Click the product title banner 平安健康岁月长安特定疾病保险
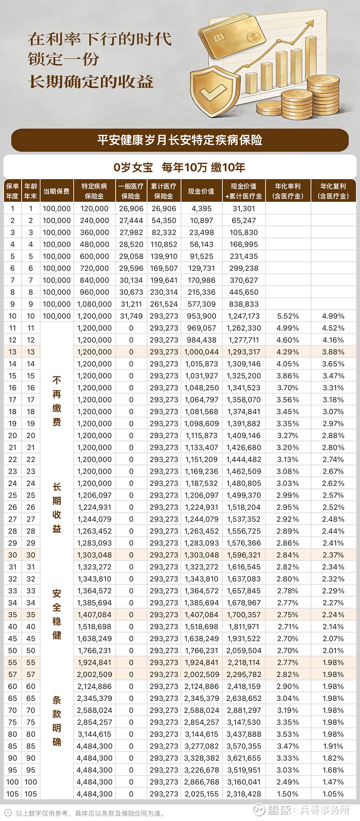pyautogui.click(x=180, y=140)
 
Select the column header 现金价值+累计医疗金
pyautogui.click(x=243, y=191)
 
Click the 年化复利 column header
pyautogui.click(x=333, y=191)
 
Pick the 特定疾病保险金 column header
pyautogui.click(x=94, y=191)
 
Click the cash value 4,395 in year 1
pyautogui.click(x=201, y=209)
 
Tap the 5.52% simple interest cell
pyautogui.click(x=288, y=316)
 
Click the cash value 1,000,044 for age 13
pyautogui.click(x=201, y=352)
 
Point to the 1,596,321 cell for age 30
pyautogui.click(x=243, y=555)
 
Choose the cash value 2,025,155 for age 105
pyautogui.click(x=201, y=794)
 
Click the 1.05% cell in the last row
pyautogui.click(x=333, y=794)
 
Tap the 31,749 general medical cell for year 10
pyautogui.click(x=131, y=316)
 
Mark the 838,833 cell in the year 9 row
pyautogui.click(x=243, y=304)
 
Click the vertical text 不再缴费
pyautogui.click(x=57, y=401)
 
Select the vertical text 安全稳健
pyautogui.click(x=57, y=614)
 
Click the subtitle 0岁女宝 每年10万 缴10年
pyautogui.click(x=180, y=168)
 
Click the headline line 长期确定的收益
pyautogui.click(x=90, y=82)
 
